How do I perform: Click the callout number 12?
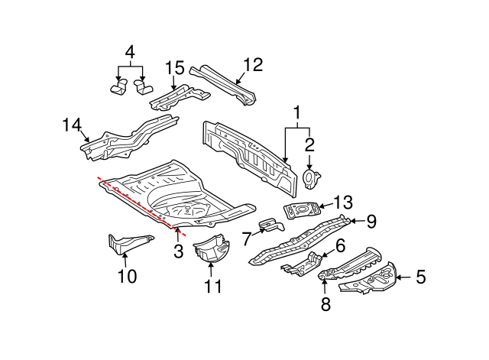coord(252,65)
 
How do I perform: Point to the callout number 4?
coord(129,53)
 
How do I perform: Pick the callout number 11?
coord(212,287)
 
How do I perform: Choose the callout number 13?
coord(344,202)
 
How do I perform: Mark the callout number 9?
coord(371,222)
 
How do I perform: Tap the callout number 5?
coord(420,278)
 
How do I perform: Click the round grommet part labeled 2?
coord(310,178)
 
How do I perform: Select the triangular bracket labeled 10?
coord(122,246)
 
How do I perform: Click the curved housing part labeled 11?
coord(211,250)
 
